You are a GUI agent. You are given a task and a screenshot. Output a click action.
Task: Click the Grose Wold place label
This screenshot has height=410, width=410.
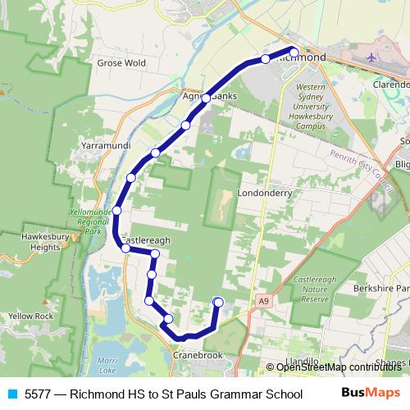(x=121, y=62)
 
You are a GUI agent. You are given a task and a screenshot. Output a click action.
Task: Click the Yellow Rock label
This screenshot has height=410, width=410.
(x=30, y=316)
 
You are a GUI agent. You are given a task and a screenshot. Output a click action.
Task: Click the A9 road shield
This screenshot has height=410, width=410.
(x=262, y=302)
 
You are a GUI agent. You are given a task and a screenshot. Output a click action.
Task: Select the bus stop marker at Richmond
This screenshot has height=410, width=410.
(x=294, y=52)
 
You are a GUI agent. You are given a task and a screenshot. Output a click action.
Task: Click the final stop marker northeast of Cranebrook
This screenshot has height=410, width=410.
(x=218, y=303)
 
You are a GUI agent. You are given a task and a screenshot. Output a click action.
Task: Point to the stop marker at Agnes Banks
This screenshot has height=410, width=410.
(x=206, y=98)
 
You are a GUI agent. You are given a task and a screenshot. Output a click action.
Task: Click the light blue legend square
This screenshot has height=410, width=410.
(x=11, y=393)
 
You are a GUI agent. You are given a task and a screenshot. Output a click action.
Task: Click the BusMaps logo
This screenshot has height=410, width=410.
(x=371, y=393)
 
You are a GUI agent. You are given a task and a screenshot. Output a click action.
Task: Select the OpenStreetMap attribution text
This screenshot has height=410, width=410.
(x=337, y=367)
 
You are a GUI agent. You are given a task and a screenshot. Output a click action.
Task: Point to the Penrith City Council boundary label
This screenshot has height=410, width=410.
(x=362, y=165)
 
